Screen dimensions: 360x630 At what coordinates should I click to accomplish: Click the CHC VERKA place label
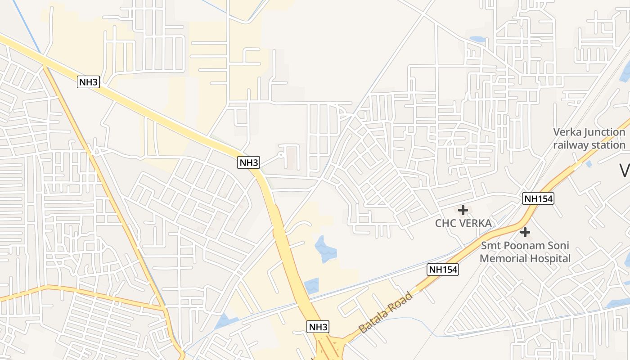point(463,223)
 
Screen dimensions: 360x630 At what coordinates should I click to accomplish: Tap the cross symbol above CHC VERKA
point(463,210)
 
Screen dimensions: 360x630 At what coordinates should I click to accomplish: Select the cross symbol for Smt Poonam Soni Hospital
point(525,232)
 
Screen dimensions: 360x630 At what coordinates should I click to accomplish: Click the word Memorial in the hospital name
point(503,259)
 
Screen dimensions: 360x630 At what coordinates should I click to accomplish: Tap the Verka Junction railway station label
point(589,139)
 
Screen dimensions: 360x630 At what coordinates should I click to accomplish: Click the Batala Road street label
point(386,312)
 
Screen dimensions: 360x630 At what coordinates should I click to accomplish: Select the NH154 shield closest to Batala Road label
point(443,270)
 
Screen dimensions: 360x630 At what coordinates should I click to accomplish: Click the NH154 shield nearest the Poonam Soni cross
point(538,198)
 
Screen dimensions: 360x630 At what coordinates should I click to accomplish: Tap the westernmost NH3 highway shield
point(88,82)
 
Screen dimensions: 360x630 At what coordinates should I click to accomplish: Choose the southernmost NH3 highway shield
point(319,327)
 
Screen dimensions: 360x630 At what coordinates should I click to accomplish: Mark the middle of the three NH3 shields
point(248,162)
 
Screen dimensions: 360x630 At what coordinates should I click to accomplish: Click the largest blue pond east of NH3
point(325,249)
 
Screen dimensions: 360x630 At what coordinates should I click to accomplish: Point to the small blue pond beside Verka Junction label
point(589,164)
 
